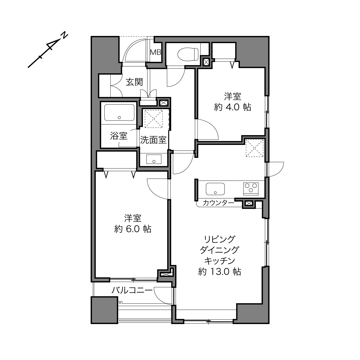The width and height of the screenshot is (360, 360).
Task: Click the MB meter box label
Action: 156,53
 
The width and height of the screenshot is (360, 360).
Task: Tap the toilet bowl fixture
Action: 188,54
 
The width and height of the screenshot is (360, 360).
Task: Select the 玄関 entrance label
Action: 134,82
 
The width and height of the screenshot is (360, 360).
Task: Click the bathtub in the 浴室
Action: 119,112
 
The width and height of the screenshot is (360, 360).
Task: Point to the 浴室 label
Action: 119,136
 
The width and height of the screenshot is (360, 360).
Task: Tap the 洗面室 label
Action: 153,140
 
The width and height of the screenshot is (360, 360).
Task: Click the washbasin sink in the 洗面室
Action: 154,159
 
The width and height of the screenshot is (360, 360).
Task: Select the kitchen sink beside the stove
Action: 215,189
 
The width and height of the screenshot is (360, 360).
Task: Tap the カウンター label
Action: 218,203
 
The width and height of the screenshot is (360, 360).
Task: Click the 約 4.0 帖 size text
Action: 232,107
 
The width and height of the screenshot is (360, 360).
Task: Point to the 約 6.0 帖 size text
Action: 133,229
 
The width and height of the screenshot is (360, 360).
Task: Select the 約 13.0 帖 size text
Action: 219,272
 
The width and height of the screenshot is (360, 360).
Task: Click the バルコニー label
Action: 132,290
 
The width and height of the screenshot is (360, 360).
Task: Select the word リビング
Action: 219,239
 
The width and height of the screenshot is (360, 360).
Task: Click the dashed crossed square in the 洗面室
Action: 154,119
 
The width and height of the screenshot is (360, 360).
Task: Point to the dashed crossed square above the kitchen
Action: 254,148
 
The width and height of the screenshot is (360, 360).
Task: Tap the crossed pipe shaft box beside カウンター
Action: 249,203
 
